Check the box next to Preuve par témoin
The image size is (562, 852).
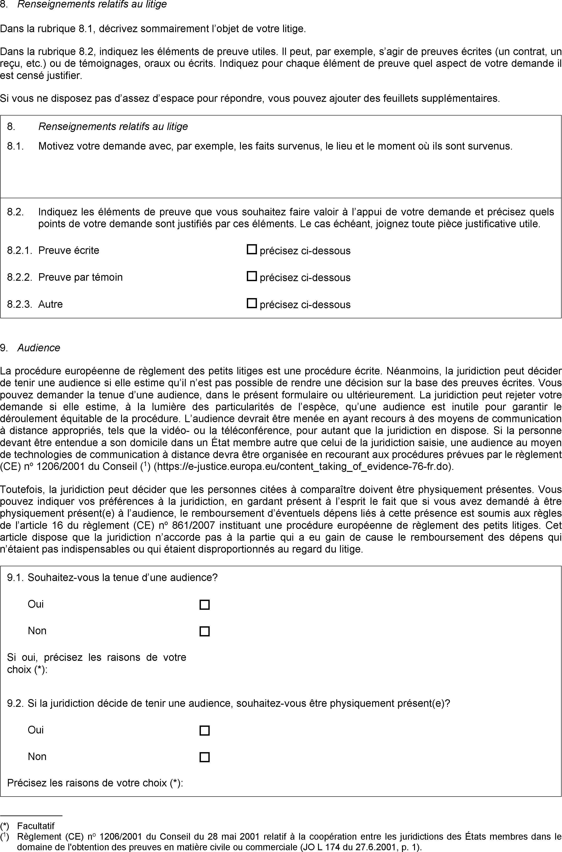[252, 277]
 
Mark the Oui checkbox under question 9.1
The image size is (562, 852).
[204, 605]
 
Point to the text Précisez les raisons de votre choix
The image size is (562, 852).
[95, 783]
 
